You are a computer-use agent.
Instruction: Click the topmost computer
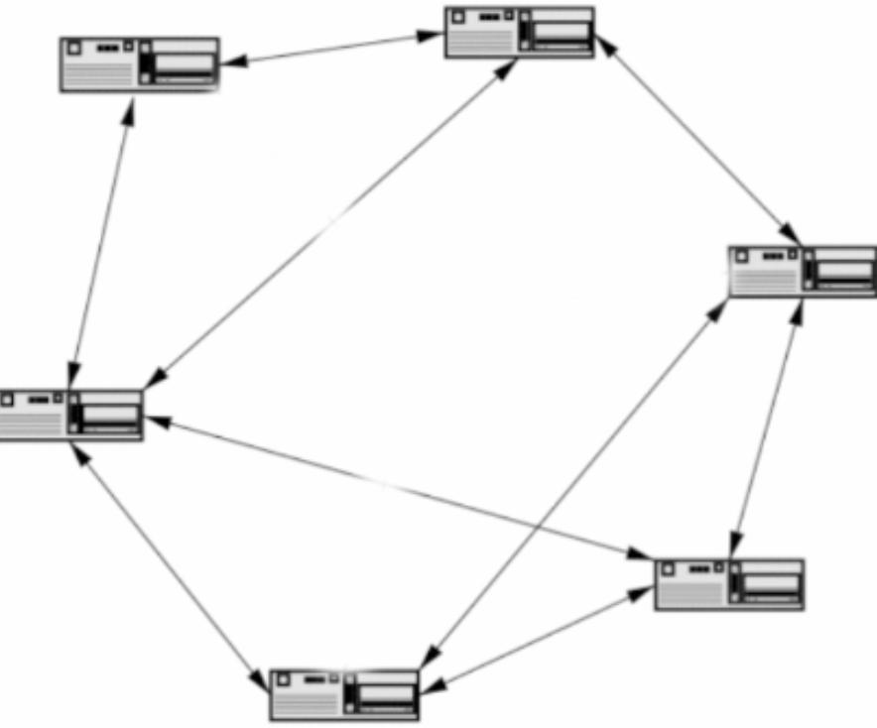(519, 33)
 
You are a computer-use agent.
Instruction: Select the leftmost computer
(71, 415)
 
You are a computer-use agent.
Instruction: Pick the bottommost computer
(345, 694)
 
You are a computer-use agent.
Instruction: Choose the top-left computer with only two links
(139, 64)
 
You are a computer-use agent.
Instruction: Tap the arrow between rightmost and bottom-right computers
(766, 427)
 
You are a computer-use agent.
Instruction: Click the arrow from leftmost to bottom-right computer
(397, 487)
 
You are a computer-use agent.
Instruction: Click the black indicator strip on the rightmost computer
(810, 271)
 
